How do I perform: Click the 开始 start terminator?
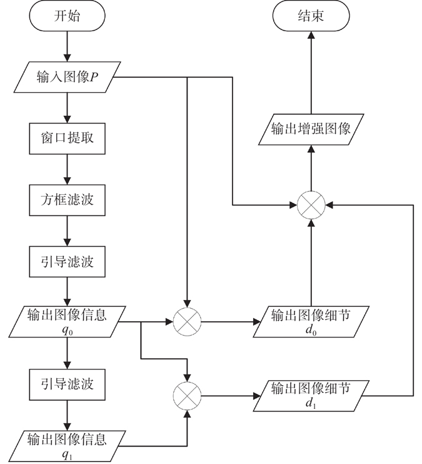point(67,16)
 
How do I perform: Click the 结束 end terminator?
point(311,16)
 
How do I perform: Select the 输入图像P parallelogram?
point(67,77)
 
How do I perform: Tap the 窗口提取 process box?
point(67,138)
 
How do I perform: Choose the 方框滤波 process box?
point(67,200)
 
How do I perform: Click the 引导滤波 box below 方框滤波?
point(67,262)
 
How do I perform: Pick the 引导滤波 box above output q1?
point(67,384)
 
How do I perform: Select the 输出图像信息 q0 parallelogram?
point(67,322)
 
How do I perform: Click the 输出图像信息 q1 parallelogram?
point(67,446)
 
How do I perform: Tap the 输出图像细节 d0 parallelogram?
point(311,322)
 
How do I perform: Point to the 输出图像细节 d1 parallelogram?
point(311,396)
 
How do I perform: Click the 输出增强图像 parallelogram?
point(311,130)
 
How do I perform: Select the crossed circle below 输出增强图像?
point(311,205)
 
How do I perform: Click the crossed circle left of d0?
point(187,322)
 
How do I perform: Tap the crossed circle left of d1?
point(187,396)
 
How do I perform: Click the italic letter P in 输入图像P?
point(94,78)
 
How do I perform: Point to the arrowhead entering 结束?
point(311,35)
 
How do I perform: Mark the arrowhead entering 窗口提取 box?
point(67,119)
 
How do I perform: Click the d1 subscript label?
point(311,404)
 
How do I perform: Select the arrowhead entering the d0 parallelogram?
point(256,322)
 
